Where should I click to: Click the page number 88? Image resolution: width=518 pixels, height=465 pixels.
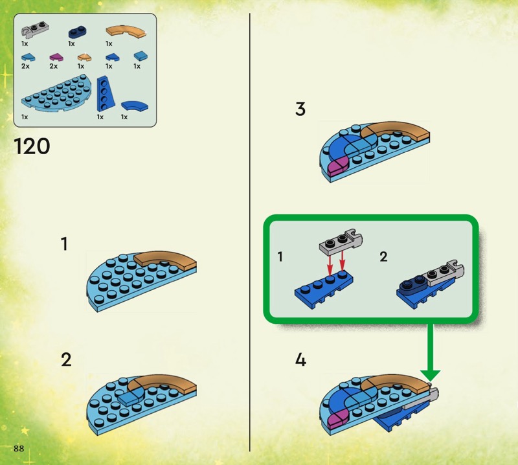(19, 448)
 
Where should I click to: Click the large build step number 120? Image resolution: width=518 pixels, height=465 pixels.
(32, 146)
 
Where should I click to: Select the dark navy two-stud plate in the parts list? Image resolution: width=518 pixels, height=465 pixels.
(78, 32)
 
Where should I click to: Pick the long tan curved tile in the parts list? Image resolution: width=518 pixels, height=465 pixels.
(126, 31)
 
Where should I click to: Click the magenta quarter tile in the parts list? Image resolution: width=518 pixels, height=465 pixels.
(56, 58)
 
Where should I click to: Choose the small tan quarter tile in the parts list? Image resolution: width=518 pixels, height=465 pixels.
(85, 58)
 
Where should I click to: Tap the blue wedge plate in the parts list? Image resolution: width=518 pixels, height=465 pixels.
(106, 93)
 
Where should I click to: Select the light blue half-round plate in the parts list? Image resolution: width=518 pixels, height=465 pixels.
(56, 93)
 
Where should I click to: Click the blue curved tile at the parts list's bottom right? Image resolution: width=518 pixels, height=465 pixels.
(135, 106)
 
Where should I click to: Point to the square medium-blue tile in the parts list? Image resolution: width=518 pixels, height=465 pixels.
(141, 56)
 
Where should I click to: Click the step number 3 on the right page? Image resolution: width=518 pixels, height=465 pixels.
(300, 109)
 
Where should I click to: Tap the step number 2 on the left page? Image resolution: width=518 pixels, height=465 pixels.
(66, 359)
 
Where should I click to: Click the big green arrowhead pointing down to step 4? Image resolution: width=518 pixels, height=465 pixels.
(430, 375)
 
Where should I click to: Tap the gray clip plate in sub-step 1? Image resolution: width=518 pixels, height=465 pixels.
(341, 242)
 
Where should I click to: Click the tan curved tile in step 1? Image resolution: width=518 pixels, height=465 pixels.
(165, 260)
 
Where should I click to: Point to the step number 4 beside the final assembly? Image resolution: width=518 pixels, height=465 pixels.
(300, 359)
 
